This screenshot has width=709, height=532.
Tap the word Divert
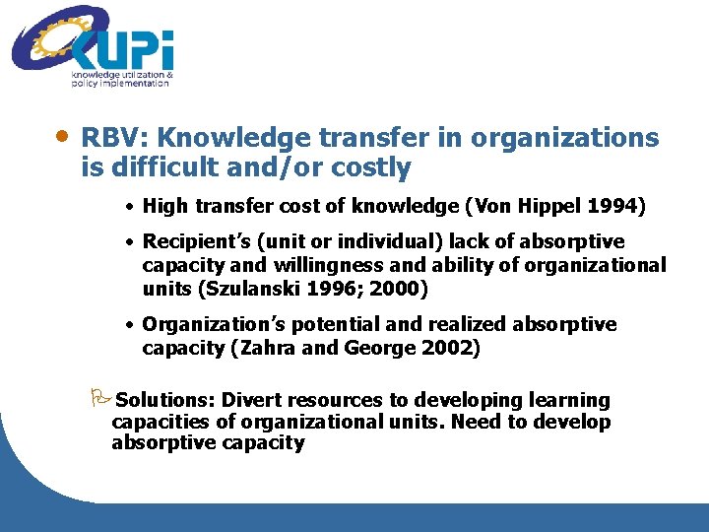tap(251, 401)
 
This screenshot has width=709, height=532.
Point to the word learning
tap(570, 401)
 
